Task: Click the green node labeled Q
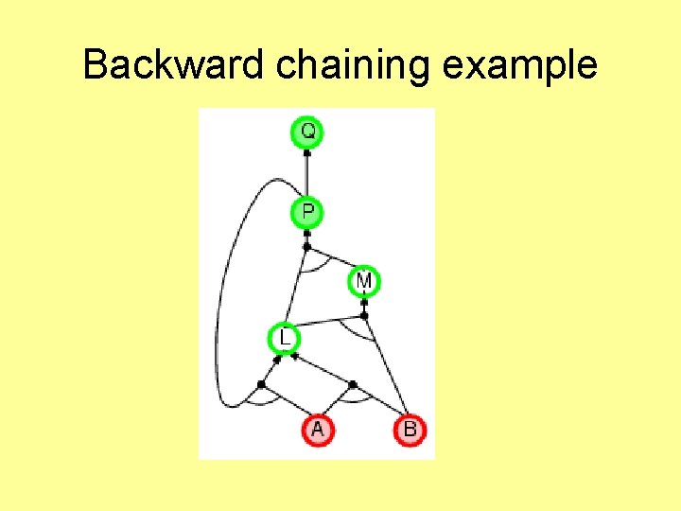click(x=307, y=132)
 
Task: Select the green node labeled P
click(x=307, y=212)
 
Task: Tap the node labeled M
click(x=364, y=281)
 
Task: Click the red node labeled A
click(x=317, y=431)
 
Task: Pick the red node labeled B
click(x=410, y=431)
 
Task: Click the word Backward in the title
click(x=174, y=65)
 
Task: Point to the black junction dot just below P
click(x=306, y=247)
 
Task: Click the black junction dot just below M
click(x=364, y=315)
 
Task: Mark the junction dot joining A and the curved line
click(x=261, y=383)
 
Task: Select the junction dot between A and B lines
click(x=352, y=384)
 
